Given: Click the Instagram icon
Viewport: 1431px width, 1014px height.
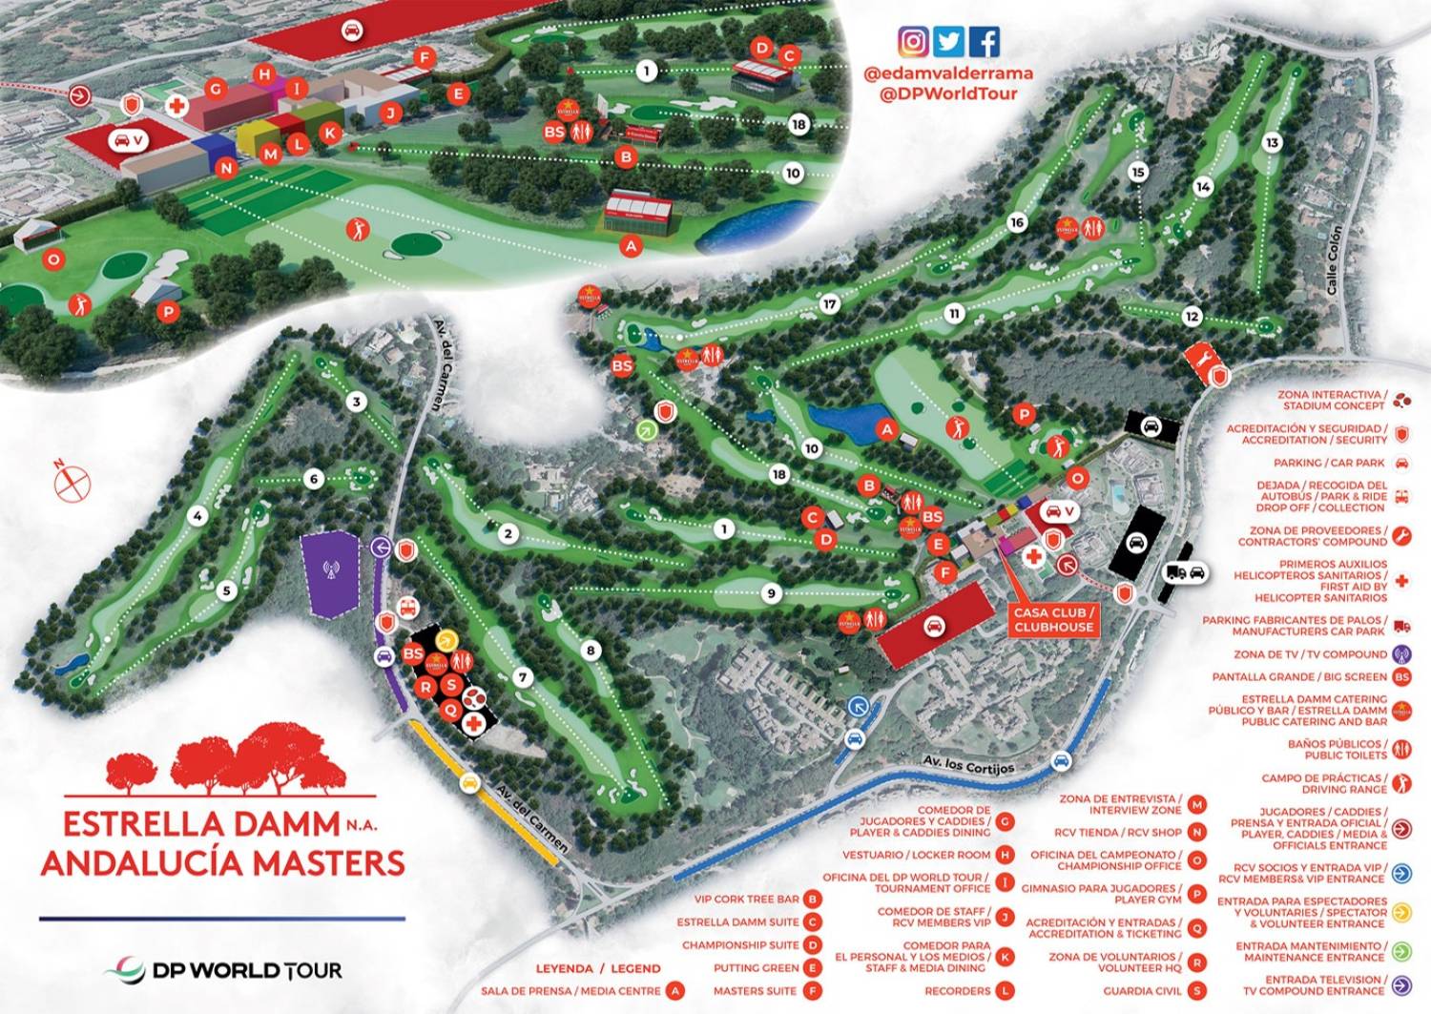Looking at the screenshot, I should [913, 42].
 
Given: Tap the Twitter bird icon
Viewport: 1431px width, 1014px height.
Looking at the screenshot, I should [948, 42].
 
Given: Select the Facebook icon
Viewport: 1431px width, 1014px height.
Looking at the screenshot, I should [985, 42].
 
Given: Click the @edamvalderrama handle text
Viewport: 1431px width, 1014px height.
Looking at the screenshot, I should [947, 72].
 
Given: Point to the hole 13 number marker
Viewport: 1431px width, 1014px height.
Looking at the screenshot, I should [1271, 143].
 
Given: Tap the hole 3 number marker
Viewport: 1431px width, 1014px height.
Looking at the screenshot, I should [357, 402].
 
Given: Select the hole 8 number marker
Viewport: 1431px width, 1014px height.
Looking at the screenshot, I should [591, 651].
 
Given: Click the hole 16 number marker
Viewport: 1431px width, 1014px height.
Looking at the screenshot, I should [1017, 222].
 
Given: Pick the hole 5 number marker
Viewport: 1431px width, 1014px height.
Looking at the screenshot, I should [226, 590].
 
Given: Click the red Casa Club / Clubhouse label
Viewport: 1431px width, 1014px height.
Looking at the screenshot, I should [1053, 620].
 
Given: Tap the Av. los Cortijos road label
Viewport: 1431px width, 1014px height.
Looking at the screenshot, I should [968, 763].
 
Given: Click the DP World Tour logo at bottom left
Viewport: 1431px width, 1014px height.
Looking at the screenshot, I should [224, 970].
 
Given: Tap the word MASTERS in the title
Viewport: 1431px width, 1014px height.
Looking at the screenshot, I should [323, 862].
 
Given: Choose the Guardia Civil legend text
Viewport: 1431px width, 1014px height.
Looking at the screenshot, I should [1142, 991].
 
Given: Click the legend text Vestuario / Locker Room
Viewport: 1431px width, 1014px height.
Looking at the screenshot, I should [916, 855].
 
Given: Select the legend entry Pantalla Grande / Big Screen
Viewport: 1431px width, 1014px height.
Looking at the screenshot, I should [1299, 677].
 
